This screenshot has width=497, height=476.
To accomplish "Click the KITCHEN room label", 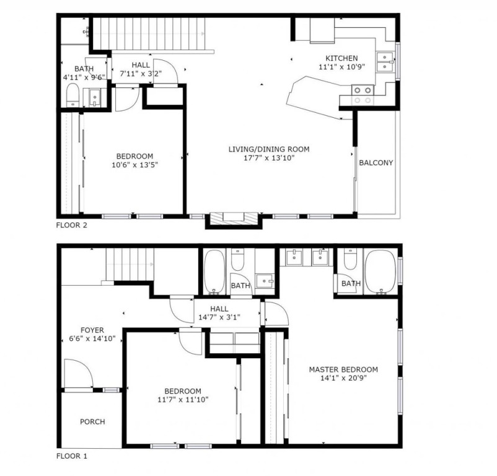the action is pos(341,58).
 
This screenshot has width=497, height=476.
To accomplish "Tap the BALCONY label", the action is pos(376,162).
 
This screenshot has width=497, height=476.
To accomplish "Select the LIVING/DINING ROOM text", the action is pos(269,149).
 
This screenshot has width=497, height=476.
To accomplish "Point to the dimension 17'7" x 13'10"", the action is pos(269,158).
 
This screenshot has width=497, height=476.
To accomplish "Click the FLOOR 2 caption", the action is pos(71,226).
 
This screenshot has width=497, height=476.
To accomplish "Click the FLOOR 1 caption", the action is pos(71,456).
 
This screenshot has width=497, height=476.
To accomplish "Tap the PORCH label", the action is pos(92,422).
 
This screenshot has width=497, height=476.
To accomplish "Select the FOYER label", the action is pos(92,330).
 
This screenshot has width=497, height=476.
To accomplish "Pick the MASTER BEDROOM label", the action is pos(343,369).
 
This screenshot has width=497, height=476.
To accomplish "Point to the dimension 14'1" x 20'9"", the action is pos(343,378).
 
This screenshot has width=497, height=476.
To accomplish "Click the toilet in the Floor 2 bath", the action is pos(73,95).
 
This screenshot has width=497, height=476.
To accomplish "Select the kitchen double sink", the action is pos(385,62).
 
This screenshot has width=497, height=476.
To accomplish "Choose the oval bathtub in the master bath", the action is pos(380,272).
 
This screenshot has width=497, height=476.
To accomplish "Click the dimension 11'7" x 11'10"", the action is pos(183,400).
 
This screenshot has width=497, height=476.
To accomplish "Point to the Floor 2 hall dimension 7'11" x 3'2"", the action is pos(141,74).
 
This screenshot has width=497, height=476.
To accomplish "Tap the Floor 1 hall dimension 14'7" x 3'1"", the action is pos(219,317).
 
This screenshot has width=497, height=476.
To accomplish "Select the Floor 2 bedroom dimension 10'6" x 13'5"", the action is pos(134,165).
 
